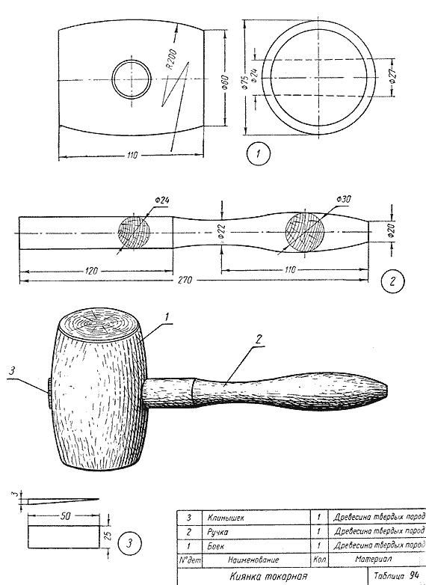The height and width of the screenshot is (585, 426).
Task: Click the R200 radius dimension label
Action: [x=172, y=59]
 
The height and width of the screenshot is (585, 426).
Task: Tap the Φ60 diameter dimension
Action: [x=225, y=82]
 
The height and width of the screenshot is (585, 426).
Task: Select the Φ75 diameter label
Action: [x=245, y=82]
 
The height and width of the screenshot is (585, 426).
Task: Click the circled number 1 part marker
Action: [x=258, y=154]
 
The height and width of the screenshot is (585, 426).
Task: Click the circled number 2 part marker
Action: [x=392, y=282]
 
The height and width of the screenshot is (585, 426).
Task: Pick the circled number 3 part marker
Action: [x=129, y=544]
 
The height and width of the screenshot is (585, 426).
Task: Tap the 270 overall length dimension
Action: [x=185, y=280]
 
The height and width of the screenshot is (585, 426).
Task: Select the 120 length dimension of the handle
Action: [x=91, y=271]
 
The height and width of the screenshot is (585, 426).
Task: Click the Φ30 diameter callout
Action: [x=343, y=199]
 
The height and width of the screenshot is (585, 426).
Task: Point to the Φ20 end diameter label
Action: [x=391, y=231]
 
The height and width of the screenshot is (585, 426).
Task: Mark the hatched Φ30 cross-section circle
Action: [x=304, y=231]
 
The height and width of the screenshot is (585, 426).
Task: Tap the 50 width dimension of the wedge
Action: [x=66, y=516]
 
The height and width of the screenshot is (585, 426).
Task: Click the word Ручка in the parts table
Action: [x=217, y=532]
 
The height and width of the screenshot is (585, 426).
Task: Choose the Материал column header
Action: [x=373, y=559]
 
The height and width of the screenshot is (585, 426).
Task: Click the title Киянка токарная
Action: [x=268, y=576]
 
